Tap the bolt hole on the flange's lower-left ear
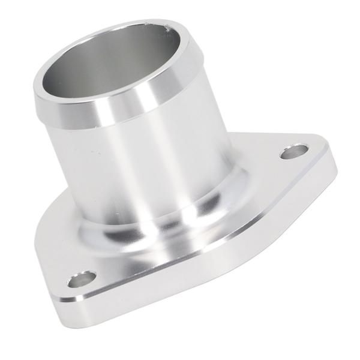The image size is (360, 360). (82, 279)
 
